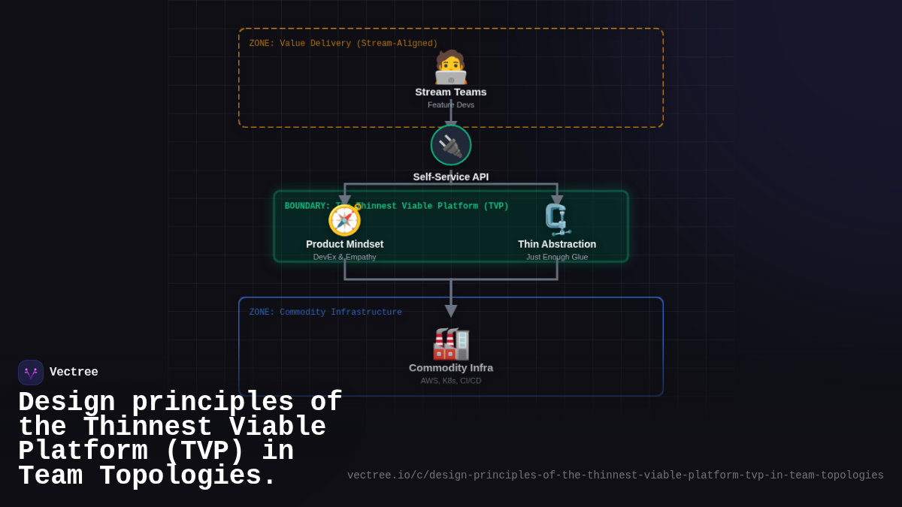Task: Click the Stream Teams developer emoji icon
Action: [x=451, y=68]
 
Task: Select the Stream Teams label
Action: [x=451, y=92]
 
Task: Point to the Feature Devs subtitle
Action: [x=451, y=105]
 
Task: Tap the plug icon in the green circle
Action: [x=451, y=145]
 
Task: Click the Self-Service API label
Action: [x=451, y=177]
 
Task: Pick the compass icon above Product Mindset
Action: [x=345, y=220]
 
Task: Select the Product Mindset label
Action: [x=345, y=244]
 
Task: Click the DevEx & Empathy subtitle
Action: [x=345, y=257]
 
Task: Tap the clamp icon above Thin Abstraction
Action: [x=557, y=220]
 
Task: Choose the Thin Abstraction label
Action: [x=557, y=244]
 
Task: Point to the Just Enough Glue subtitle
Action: [x=557, y=257]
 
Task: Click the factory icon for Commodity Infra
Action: [x=451, y=344]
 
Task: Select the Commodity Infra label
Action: [x=451, y=367]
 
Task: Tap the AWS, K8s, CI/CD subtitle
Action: [x=451, y=381]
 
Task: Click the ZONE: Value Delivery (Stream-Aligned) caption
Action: [x=344, y=44]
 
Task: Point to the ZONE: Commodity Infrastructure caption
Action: [x=325, y=312]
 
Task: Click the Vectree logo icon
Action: [x=31, y=373]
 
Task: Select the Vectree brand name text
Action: [x=74, y=372]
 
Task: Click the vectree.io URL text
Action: [x=615, y=475]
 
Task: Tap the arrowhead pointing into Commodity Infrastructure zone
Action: [x=451, y=311]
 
